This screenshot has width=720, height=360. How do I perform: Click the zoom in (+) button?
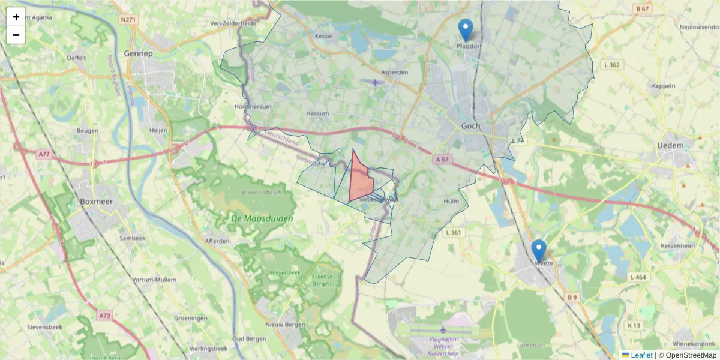click(16, 17)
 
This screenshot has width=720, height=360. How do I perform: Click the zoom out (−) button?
click(16, 35)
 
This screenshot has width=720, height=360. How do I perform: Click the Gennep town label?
click(139, 53)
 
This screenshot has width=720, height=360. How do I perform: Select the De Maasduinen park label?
click(262, 218)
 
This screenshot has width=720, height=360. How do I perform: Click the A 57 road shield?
click(442, 160)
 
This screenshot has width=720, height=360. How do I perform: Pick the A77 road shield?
click(44, 154)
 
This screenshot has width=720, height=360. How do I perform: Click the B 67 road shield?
click(643, 9)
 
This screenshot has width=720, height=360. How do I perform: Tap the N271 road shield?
click(128, 20)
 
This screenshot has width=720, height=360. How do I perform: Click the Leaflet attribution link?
click(637, 355)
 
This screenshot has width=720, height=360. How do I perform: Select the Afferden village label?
click(217, 241)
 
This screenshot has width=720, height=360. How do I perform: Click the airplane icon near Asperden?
click(376, 82)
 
